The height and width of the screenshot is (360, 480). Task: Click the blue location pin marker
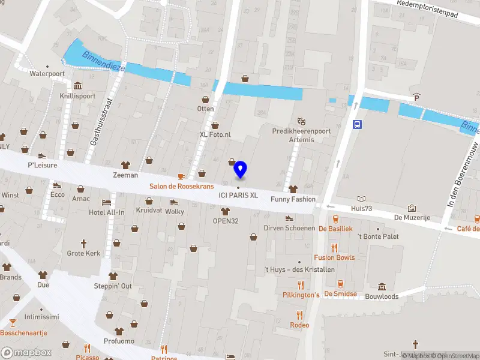click(x=240, y=169)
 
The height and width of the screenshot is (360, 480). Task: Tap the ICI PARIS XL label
click(x=238, y=195)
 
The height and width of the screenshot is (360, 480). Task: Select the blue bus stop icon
click(x=358, y=125)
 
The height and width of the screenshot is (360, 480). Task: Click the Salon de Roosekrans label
click(x=181, y=187)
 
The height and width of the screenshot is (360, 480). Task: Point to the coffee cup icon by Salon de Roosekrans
click(x=182, y=176)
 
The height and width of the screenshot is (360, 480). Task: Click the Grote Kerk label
click(x=83, y=253)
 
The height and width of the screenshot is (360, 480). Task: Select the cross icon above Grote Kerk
click(x=83, y=243)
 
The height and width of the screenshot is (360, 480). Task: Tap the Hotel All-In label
click(x=107, y=212)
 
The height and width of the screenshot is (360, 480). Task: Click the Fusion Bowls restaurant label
click(x=334, y=257)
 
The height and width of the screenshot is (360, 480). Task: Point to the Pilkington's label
click(x=301, y=295)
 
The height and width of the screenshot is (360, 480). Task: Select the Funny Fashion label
click(x=293, y=199)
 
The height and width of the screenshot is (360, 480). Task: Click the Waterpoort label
click(x=47, y=74)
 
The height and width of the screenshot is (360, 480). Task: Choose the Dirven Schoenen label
click(x=289, y=228)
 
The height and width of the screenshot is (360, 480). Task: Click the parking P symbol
click(x=415, y=97)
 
